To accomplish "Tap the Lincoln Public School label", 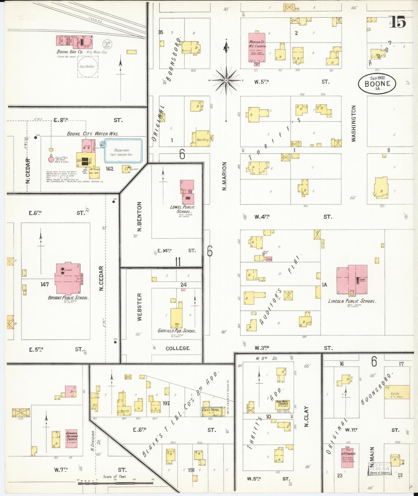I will click(x=352, y=301).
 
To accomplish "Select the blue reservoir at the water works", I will click(x=123, y=150).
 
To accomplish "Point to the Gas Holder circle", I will click(x=87, y=67).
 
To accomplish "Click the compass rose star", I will click(x=226, y=80).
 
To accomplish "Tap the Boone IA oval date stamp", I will click(x=377, y=83).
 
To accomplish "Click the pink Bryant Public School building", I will click(x=68, y=278).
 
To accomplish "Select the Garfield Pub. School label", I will click(x=177, y=330).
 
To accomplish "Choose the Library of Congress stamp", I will click(x=380, y=469).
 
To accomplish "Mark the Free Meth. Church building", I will click(x=282, y=404).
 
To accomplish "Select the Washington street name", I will click(x=353, y=123).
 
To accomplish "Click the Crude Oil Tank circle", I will click(x=107, y=44).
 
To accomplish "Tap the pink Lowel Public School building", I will click(x=188, y=192).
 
